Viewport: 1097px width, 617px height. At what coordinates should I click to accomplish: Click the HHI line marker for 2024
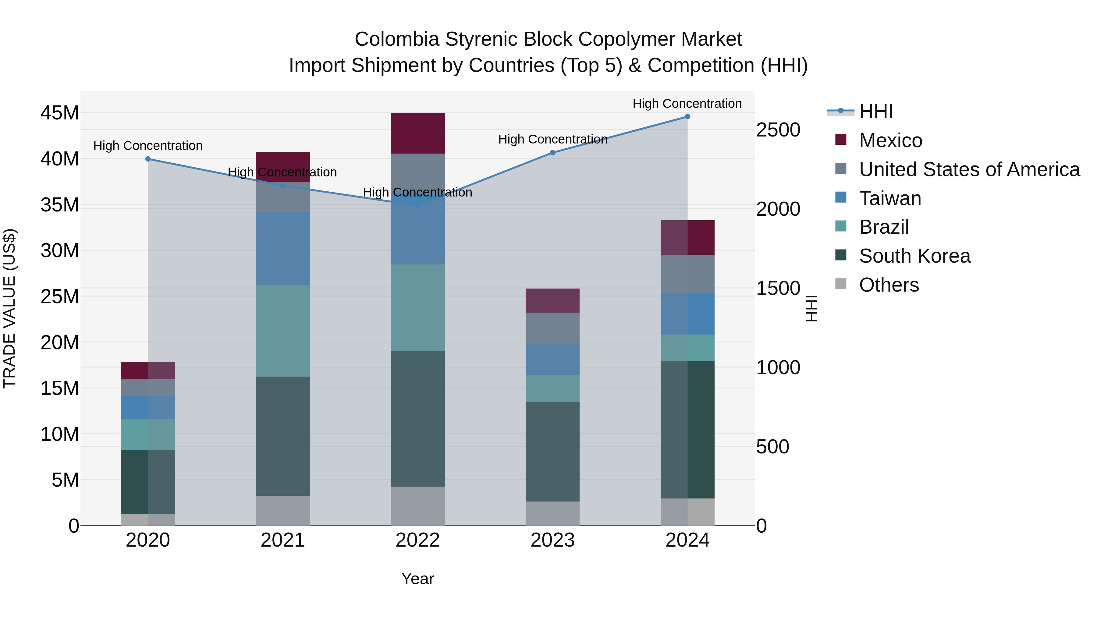[687, 117]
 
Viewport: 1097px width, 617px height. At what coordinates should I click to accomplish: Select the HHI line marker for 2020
[148, 159]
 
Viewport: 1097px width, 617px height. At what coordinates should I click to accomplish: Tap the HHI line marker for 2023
[552, 152]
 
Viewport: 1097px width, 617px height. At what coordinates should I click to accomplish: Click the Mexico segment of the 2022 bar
[417, 133]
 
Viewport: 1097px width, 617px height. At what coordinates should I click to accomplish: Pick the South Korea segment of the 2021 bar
[283, 436]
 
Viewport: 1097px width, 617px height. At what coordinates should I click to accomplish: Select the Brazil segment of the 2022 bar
[417, 307]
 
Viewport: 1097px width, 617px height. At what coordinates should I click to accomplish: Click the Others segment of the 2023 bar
[552, 513]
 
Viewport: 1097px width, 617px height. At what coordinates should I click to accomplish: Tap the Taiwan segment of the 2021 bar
[283, 248]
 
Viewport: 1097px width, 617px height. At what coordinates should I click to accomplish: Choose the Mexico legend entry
[890, 140]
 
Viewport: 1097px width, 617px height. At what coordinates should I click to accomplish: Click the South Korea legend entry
[914, 256]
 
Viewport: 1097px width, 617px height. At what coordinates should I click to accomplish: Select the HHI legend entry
[875, 112]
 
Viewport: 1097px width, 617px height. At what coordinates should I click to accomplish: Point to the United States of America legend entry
[969, 169]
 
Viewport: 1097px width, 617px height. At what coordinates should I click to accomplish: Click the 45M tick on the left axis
[60, 113]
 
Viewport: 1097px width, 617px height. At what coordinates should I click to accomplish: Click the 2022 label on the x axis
[417, 540]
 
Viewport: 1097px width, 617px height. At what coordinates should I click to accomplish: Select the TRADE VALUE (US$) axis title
[9, 308]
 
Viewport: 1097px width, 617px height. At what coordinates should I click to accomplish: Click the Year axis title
[417, 579]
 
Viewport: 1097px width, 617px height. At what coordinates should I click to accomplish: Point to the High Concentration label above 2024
[687, 104]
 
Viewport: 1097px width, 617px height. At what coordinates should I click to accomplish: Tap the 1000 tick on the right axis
[778, 367]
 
